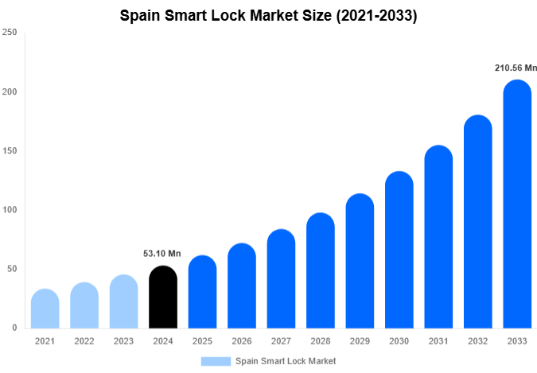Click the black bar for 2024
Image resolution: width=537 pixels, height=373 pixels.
(x=163, y=297)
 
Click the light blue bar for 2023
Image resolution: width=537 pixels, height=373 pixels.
(x=123, y=301)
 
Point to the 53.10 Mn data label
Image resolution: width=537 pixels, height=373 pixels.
(x=162, y=254)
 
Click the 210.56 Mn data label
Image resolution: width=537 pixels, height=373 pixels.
(x=516, y=68)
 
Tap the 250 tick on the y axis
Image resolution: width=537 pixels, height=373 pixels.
(x=10, y=33)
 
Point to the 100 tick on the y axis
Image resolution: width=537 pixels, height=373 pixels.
(x=10, y=210)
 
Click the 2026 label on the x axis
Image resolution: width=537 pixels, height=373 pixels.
(x=241, y=340)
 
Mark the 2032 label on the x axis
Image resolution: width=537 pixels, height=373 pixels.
(x=477, y=340)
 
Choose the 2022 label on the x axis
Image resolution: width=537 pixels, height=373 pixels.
(x=84, y=340)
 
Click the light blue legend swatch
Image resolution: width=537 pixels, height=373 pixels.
(x=216, y=361)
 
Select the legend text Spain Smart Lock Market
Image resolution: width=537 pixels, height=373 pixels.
(x=286, y=361)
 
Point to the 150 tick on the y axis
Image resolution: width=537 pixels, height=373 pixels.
(x=10, y=151)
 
